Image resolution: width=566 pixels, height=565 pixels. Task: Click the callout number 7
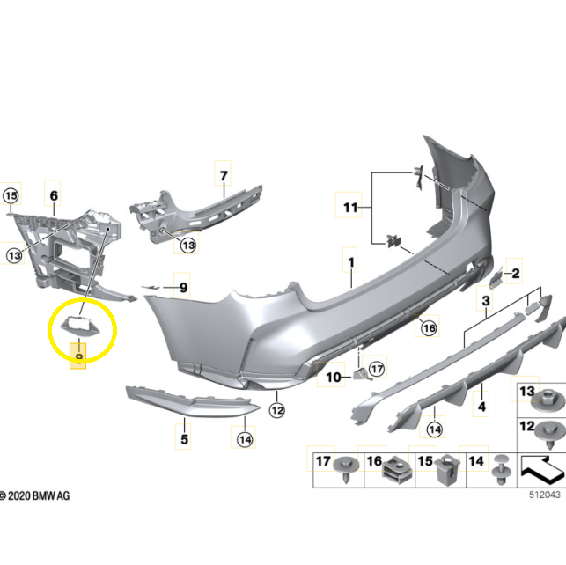coord(224,176)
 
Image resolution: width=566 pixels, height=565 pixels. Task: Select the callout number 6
coord(54,195)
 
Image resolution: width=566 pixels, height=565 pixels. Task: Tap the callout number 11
coord(350,208)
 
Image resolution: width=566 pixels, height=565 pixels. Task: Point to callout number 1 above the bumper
coord(351,262)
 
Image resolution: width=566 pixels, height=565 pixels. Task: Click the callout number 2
coord(516,273)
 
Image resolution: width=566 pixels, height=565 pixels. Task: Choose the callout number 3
coord(486,300)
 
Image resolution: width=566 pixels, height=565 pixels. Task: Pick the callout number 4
coord(481,407)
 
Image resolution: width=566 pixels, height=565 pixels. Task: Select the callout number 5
coord(184,439)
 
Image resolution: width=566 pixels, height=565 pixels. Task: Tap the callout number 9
coord(183,288)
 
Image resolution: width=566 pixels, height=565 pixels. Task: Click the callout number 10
coord(334,378)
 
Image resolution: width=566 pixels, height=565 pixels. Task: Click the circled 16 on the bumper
coord(429,328)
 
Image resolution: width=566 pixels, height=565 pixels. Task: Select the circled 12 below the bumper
coord(277,410)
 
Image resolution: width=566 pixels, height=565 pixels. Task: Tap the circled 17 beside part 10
coord(377,369)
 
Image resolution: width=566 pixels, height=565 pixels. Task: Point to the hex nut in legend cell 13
coord(548,401)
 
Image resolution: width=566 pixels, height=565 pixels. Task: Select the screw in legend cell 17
coord(346,470)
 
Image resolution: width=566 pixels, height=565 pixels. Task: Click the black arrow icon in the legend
coord(542,470)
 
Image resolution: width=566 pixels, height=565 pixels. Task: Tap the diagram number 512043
coord(545,495)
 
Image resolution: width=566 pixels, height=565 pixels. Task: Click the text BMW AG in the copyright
coord(51,495)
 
